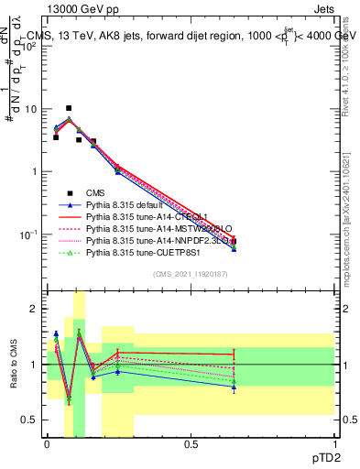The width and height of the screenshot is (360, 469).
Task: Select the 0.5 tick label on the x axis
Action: [191, 443]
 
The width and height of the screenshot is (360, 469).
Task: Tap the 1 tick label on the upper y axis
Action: [34, 171]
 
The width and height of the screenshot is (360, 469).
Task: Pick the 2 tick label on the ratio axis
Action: [34, 309]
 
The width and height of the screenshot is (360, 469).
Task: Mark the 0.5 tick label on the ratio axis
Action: [30, 420]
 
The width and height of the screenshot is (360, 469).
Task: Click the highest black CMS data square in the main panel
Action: [69, 108]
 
